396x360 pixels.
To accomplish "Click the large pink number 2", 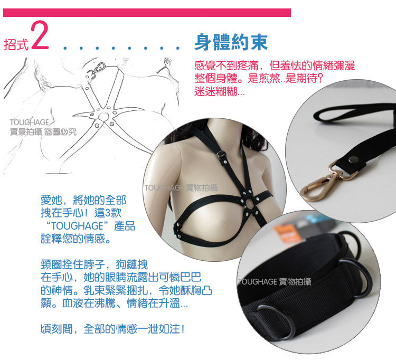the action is (40, 35).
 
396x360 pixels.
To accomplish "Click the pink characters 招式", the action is (17, 44).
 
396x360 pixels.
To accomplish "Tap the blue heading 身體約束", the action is (231, 42).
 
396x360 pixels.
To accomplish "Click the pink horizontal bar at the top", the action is (147, 13).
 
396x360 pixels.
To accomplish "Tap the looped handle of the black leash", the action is (354, 113).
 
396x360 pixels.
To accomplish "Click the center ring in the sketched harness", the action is (103, 116).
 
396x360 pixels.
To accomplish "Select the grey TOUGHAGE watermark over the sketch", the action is (29, 122).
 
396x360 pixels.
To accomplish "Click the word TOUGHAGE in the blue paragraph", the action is (77, 226).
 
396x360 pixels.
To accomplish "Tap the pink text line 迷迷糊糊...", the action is (219, 91).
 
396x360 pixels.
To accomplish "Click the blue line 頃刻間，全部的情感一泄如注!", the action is (113, 329).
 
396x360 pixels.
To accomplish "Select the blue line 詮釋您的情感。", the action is (76, 239).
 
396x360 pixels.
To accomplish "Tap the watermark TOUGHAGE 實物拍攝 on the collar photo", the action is (275, 281).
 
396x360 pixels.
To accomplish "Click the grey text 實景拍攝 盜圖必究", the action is (43, 131).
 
